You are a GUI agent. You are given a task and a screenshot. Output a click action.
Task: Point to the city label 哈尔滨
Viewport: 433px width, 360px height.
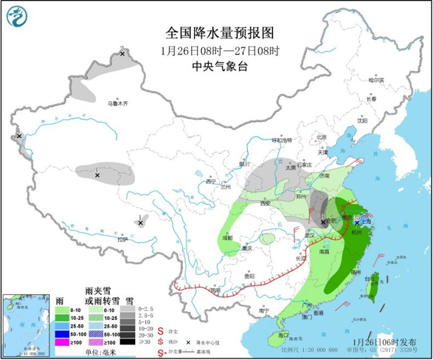point(377,80)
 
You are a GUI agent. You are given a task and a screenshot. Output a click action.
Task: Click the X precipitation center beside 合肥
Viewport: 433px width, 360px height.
point(323,222)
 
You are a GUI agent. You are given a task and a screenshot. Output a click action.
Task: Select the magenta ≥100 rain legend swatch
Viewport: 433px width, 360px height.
point(63,342)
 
